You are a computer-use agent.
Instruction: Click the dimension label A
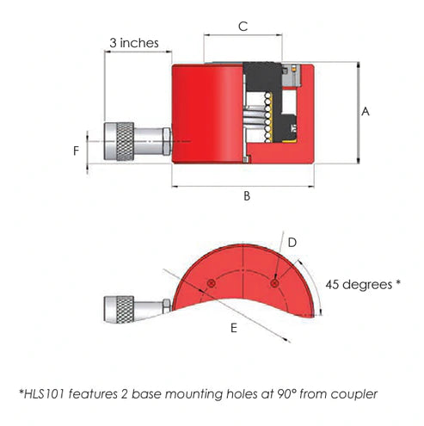[x=366, y=111]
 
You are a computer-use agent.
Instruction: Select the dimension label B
[x=247, y=196]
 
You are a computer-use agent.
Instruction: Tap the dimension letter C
[x=243, y=27]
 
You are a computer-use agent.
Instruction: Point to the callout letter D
[x=292, y=244]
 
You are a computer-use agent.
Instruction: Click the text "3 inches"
[x=134, y=41]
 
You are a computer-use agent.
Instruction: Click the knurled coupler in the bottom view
[x=119, y=307]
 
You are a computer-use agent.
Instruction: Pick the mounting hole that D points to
[x=273, y=281]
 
